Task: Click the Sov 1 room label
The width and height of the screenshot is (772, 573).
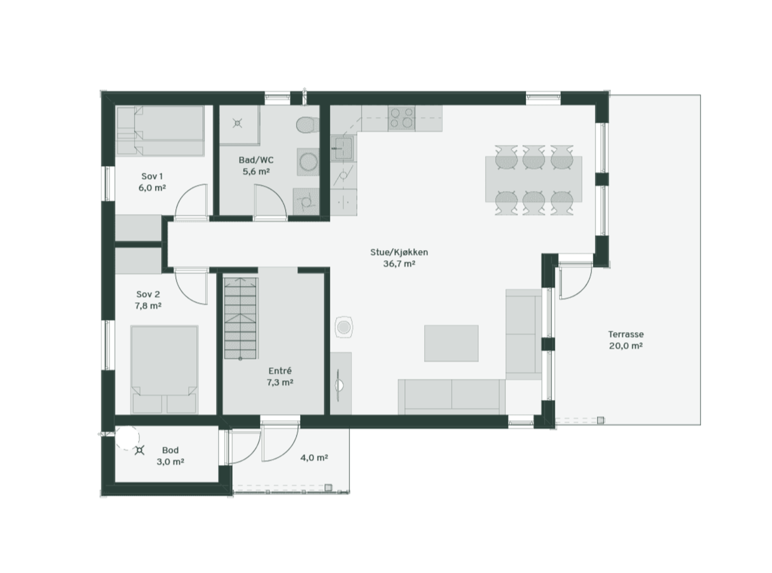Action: (x=152, y=176)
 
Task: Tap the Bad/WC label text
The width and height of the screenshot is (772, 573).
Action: (x=256, y=160)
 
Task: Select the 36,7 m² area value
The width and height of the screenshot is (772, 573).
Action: (x=399, y=264)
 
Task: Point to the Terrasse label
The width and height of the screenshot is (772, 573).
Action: (x=626, y=334)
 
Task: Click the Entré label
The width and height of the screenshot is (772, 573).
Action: (x=280, y=371)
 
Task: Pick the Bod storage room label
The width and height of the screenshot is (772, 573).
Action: (x=170, y=450)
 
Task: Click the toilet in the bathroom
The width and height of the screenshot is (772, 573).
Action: (x=306, y=125)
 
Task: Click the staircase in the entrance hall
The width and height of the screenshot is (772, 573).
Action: (x=241, y=318)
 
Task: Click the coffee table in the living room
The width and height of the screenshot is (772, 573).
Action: (x=451, y=343)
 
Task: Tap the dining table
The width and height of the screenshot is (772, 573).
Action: (x=533, y=179)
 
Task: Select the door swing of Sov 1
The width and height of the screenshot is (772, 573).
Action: (x=193, y=201)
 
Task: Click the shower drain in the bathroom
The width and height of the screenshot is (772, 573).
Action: (x=237, y=124)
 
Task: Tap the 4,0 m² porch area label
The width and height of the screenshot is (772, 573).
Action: (x=314, y=457)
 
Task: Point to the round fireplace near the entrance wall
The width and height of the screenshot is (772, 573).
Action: (x=344, y=328)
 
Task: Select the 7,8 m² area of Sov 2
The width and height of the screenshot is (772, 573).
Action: (x=148, y=306)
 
